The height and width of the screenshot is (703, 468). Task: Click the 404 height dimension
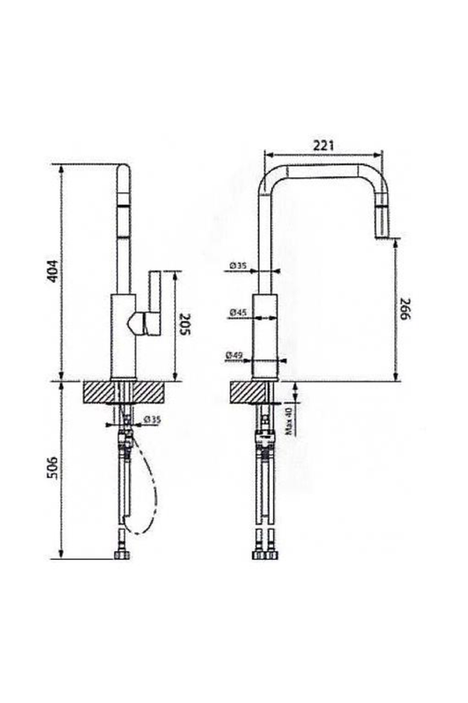coord(53,271)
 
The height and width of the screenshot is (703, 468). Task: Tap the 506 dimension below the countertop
coord(53,468)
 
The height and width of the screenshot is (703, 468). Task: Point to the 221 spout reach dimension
coord(323,145)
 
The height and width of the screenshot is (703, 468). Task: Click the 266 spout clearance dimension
coord(405,308)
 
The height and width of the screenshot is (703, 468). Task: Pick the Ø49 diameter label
coord(234,355)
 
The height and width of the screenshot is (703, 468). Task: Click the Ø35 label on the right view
coord(238,265)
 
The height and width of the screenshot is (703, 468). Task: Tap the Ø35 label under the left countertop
coord(152,420)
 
